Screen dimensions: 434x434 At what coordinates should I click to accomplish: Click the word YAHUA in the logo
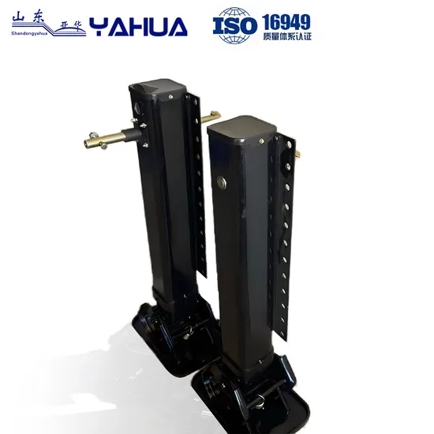(x=139, y=28)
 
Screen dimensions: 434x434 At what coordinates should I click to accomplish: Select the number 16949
(x=286, y=21)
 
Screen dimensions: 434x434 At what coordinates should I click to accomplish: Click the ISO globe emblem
(x=235, y=26)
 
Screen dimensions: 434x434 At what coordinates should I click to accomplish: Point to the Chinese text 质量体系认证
(x=286, y=36)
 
